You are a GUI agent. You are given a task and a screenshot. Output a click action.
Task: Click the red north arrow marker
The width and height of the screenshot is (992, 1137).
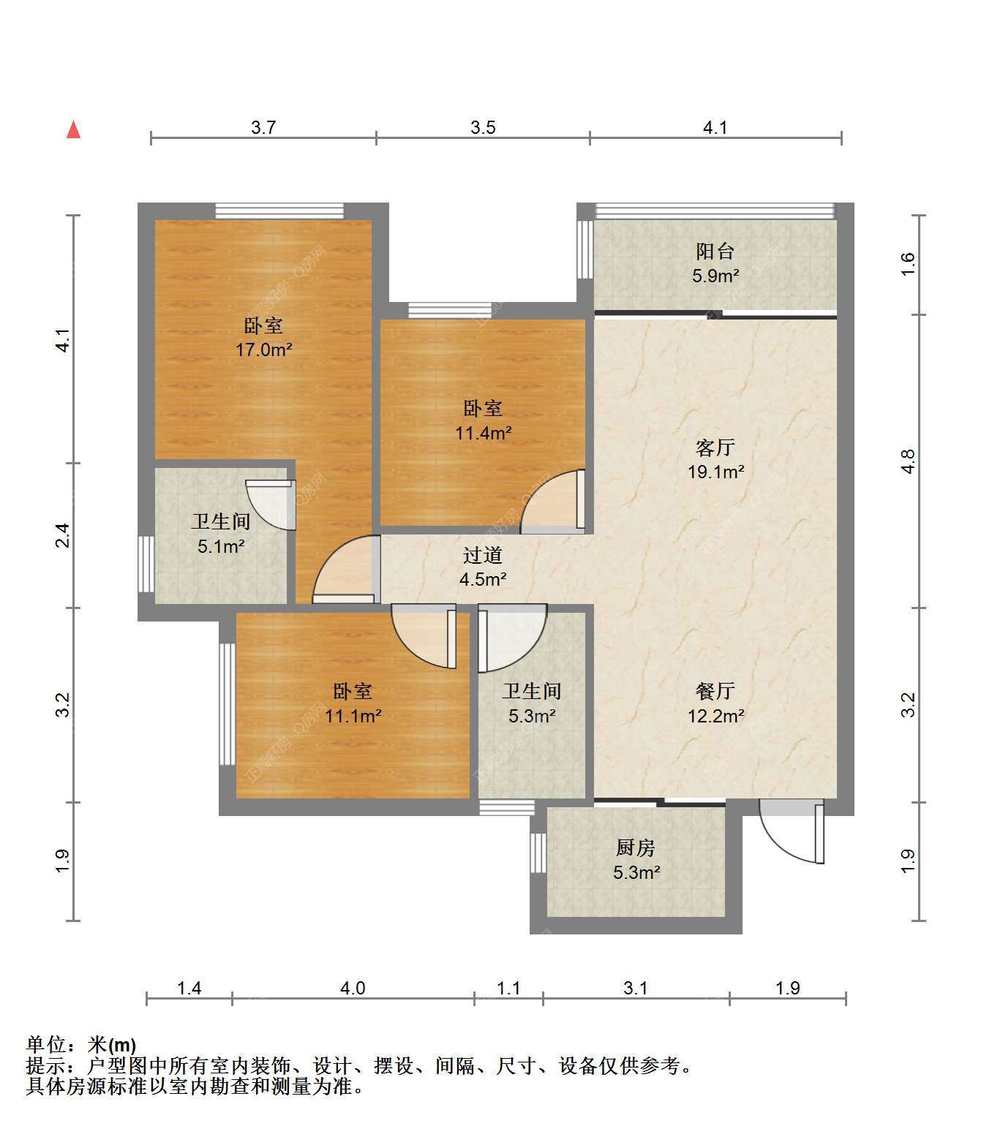pos(73,129)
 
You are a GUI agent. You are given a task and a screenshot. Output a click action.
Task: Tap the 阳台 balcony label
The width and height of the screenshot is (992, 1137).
pos(715,252)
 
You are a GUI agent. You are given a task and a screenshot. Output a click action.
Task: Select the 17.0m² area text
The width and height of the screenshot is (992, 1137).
pos(263,350)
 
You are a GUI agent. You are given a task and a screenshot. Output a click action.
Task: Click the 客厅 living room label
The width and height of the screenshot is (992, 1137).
pos(715,447)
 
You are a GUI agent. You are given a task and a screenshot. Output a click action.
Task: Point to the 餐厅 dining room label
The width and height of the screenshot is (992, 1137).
pos(715,691)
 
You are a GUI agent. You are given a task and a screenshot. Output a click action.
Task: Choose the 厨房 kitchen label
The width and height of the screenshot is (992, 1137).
pos(636,847)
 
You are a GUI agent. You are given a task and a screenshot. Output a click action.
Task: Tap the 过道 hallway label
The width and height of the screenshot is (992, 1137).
pos(483,554)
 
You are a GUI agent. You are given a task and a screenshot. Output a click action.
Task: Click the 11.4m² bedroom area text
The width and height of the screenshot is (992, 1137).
pos(484,432)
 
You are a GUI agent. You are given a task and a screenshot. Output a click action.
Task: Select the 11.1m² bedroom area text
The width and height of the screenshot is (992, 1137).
pos(353,716)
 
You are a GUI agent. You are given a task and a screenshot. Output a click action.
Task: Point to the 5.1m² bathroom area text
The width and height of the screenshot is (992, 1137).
pos(221,546)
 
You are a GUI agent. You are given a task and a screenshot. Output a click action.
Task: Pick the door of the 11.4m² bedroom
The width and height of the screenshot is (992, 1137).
pos(553,502)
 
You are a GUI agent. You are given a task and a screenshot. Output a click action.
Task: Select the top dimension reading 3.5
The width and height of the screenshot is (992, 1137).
pos(483,127)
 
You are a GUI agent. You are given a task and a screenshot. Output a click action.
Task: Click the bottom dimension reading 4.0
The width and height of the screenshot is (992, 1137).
pos(353,988)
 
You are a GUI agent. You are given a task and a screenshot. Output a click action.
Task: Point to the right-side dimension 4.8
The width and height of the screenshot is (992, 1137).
pos(907,461)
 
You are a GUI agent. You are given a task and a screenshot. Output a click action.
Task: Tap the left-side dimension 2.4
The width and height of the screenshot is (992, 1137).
pos(63,535)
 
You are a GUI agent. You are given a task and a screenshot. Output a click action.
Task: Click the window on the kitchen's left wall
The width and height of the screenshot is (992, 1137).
pos(538,853)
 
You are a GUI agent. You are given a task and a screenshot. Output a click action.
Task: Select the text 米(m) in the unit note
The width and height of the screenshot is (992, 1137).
pos(112,1046)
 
